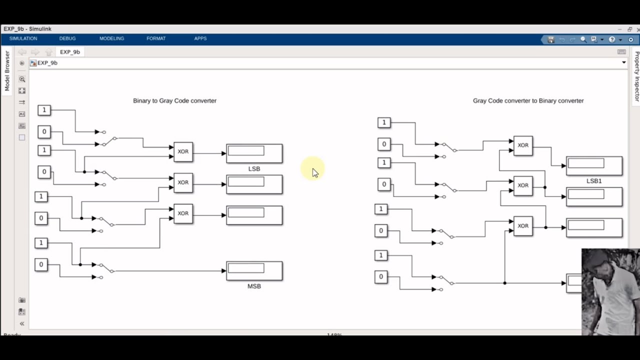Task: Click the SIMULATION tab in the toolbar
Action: coord(23,38)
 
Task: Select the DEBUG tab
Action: coord(67,38)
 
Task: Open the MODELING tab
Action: coord(111,38)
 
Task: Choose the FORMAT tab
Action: coord(156,38)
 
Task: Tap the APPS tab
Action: coord(200,38)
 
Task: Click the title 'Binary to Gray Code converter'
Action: coord(174,100)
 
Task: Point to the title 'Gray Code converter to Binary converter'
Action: coord(528,100)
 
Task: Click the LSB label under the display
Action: coord(254,169)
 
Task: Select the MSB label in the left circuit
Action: coord(254,286)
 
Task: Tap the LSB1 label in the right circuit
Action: coord(594,181)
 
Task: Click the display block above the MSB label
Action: coord(254,270)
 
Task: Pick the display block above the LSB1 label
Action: coord(594,165)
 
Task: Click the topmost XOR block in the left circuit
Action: coord(183,152)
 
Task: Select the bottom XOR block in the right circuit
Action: coord(523,226)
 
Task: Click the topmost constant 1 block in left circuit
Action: coord(44,110)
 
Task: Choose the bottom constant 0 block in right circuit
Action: coord(381,277)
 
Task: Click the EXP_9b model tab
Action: coord(70,52)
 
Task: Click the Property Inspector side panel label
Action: coord(636,76)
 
